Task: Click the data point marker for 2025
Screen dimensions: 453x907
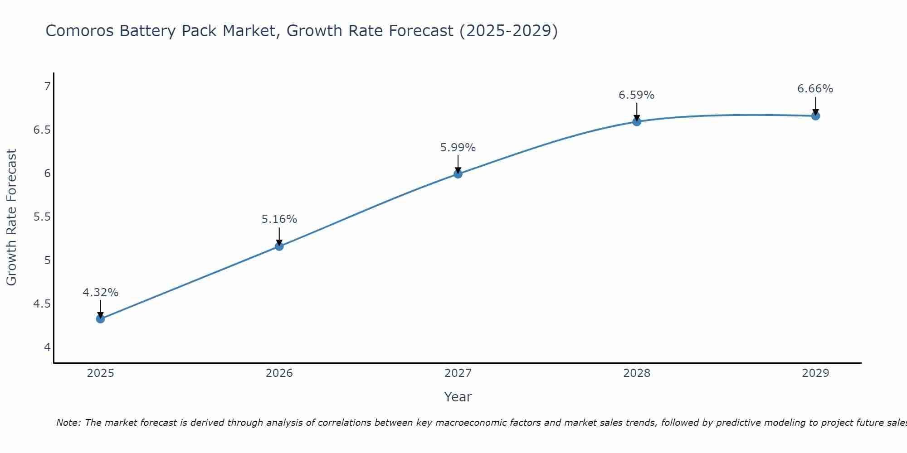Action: click(100, 319)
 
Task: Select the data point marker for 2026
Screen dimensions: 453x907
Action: click(279, 246)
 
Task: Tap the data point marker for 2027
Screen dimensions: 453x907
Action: click(458, 174)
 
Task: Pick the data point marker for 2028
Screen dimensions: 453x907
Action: click(637, 121)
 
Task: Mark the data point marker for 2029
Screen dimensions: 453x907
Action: click(815, 116)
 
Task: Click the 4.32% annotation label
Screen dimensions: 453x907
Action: click(100, 293)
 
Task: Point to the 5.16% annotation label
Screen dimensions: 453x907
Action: click(279, 219)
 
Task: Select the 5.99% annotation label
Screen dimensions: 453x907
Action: click(458, 148)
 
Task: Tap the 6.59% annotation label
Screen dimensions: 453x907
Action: click(637, 95)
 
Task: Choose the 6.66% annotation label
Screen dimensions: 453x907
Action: click(815, 89)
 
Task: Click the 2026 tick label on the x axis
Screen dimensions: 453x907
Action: click(279, 373)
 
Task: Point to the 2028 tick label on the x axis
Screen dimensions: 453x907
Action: click(637, 373)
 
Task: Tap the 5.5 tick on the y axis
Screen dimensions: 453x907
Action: click(42, 217)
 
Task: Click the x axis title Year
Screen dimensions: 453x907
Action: click(458, 397)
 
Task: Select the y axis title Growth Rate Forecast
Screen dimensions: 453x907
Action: click(11, 217)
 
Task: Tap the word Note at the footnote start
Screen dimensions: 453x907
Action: click(68, 423)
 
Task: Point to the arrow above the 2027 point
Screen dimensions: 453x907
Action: click(458, 164)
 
